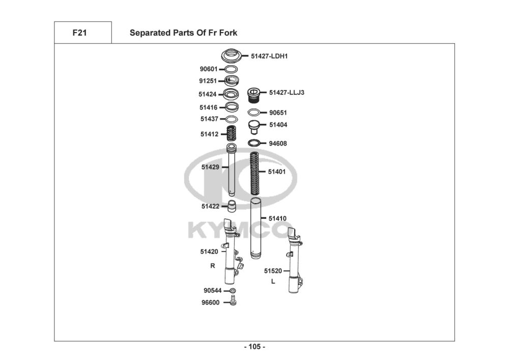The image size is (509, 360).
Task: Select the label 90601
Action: tap(209, 69)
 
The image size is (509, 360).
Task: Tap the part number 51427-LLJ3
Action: tap(287, 93)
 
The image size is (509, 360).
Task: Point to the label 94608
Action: tap(277, 144)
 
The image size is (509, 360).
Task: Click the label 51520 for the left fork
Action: tap(273, 271)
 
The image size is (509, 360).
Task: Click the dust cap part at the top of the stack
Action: tap(232, 54)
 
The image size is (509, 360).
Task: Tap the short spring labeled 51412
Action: tap(231, 134)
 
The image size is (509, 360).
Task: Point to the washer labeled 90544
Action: tap(233, 291)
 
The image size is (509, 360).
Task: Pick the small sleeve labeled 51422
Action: tap(232, 206)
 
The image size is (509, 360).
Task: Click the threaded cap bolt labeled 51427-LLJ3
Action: tap(253, 95)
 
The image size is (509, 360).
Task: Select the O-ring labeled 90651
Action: tap(255, 113)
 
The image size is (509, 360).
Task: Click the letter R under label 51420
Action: tap(212, 266)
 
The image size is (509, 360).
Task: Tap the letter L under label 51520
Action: tap(273, 281)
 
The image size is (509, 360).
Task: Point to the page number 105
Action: tap(254, 347)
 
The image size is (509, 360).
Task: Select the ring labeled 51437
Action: tap(232, 119)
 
